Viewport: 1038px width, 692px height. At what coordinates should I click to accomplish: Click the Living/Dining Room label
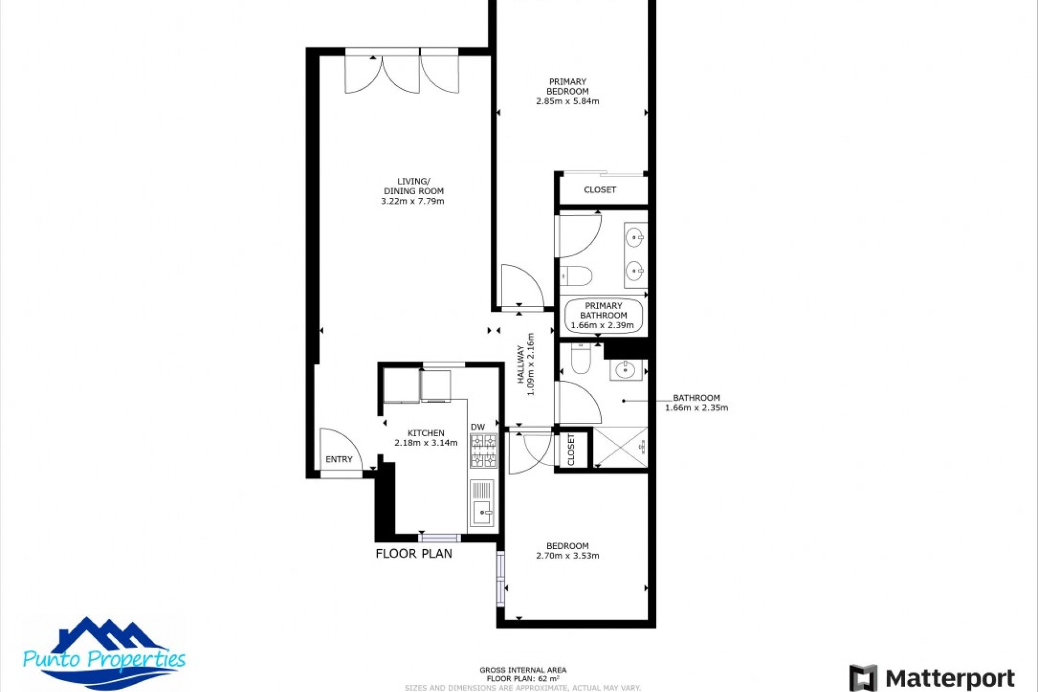(413, 186)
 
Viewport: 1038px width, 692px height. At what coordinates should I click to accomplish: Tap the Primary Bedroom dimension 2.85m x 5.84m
(567, 101)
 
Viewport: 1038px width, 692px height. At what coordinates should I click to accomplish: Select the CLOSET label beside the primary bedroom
(600, 190)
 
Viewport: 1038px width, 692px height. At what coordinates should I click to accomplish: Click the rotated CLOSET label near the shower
(571, 449)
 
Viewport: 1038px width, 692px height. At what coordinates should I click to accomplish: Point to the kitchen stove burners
(483, 450)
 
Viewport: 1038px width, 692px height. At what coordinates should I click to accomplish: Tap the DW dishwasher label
(477, 427)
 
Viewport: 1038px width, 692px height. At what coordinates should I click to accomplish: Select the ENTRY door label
(339, 459)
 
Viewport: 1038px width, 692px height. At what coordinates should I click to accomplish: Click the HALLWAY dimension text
(530, 364)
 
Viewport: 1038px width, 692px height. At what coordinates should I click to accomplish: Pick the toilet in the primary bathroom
(576, 276)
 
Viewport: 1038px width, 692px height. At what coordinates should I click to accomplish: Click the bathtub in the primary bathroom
(603, 316)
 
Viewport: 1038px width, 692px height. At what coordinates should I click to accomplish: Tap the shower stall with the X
(620, 447)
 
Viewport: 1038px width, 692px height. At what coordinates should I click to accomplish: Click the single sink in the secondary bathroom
(626, 370)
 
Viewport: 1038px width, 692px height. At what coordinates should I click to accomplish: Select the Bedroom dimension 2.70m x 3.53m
(567, 556)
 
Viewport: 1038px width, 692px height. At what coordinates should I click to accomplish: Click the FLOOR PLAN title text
(414, 554)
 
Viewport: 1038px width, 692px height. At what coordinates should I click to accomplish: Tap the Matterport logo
(932, 678)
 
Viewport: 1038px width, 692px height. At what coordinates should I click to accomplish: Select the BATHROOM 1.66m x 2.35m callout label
(696, 403)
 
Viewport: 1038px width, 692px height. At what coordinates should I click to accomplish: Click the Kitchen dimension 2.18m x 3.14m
(426, 443)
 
